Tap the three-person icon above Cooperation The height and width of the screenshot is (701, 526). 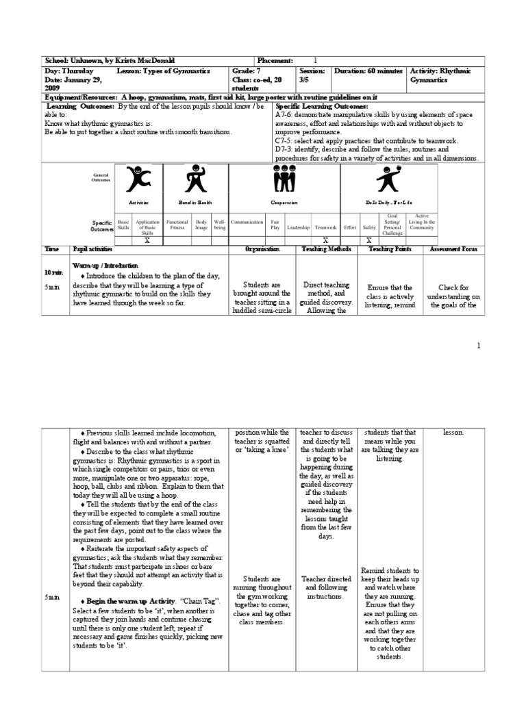click(x=284, y=180)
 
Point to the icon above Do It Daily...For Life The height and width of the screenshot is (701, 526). click(x=384, y=181)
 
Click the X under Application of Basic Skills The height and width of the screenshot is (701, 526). click(x=147, y=240)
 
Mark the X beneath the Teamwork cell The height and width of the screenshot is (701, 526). click(x=325, y=240)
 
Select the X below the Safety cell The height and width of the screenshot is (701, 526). click(x=369, y=240)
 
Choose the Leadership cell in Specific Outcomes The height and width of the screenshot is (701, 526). click(x=298, y=227)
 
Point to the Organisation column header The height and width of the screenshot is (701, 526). click(x=263, y=250)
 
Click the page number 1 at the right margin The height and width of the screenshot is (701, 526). click(x=479, y=346)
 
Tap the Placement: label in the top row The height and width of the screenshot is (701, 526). click(x=277, y=61)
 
